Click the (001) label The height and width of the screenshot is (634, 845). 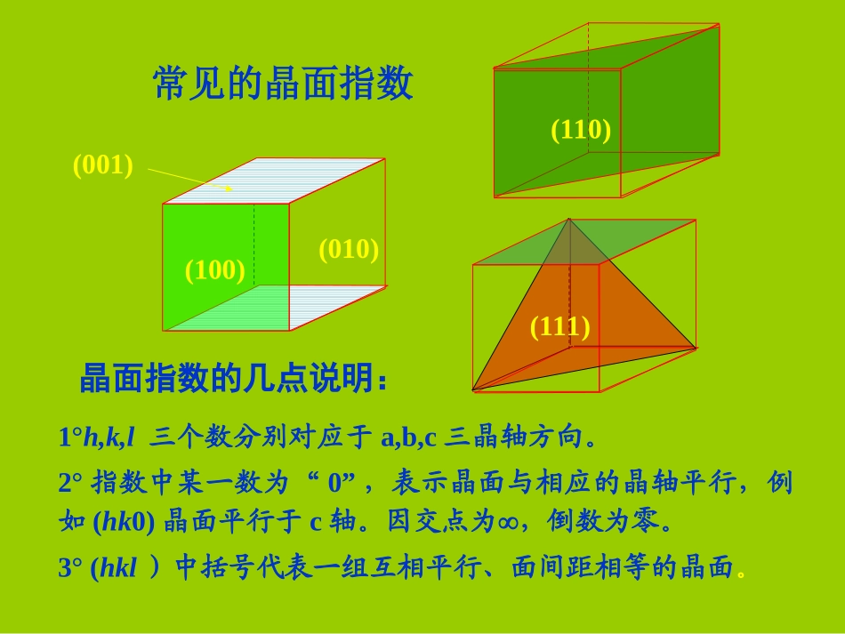[102, 165]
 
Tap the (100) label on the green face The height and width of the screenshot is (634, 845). [214, 269]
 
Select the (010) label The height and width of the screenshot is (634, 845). [349, 249]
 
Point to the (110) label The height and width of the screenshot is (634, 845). [581, 130]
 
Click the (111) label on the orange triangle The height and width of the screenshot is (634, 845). [559, 326]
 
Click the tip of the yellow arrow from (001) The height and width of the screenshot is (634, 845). [231, 189]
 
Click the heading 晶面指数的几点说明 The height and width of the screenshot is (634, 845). [233, 380]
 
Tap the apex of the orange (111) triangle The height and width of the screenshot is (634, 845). [569, 220]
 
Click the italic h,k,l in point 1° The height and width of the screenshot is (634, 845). [109, 437]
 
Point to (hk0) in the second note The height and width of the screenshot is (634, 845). [124, 522]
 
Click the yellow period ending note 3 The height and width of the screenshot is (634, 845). [742, 574]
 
